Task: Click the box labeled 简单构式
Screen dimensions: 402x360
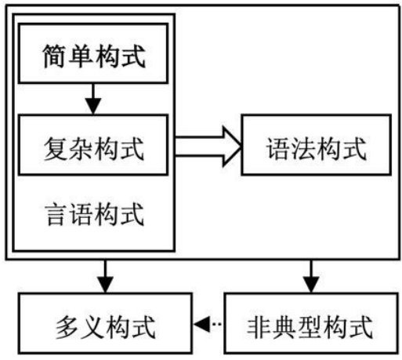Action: (x=93, y=53)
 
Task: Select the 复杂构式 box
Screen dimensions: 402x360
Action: (x=93, y=145)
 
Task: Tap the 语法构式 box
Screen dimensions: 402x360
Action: (x=317, y=145)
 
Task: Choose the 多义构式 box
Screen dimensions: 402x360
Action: (x=105, y=323)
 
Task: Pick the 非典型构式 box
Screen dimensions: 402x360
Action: (x=311, y=323)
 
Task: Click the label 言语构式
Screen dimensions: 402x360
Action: (x=94, y=214)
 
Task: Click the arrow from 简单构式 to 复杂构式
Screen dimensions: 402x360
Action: (x=93, y=99)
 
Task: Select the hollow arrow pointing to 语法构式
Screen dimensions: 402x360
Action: (x=208, y=147)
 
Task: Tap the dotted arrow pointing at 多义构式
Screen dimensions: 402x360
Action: (x=208, y=325)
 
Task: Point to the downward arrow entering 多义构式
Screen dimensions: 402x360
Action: (x=105, y=276)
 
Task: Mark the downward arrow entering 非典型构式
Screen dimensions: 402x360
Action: (x=311, y=276)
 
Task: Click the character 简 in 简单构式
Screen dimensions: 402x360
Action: (x=54, y=56)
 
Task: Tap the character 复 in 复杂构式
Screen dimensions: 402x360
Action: (x=56, y=149)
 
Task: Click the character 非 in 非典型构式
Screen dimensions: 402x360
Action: (x=259, y=327)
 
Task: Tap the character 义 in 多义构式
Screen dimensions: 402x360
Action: (x=92, y=328)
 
